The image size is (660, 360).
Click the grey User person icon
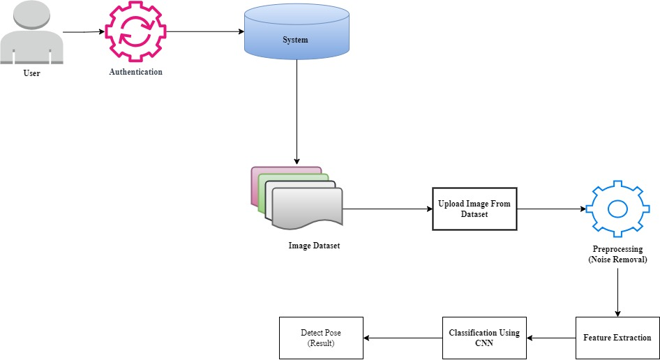pos(32,33)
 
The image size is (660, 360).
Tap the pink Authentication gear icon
pos(135,33)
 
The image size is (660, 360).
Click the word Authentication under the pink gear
pos(135,72)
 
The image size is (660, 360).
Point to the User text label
pos(31,73)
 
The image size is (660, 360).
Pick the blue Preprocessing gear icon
pos(617,208)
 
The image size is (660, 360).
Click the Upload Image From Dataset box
pos(474,209)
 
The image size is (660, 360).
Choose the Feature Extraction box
pos(617,338)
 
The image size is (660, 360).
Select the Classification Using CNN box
pos(484,338)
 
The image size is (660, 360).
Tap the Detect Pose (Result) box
pos(322,338)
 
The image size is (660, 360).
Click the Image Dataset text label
pos(314,246)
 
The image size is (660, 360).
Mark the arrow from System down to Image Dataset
pos(297,112)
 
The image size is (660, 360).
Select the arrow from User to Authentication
pos(84,32)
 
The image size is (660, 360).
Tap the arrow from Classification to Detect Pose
pos(403,338)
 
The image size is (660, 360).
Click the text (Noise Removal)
pos(617,260)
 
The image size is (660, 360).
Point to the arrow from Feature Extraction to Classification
pos(551,338)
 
